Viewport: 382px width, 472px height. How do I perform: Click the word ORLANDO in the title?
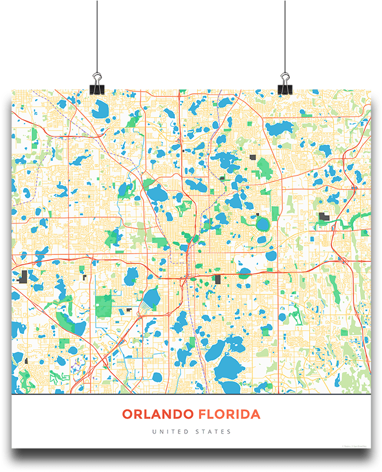[158, 414]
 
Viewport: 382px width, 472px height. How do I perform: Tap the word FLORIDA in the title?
[229, 414]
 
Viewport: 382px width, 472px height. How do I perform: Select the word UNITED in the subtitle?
[169, 431]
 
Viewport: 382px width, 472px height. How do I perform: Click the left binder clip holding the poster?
[96, 83]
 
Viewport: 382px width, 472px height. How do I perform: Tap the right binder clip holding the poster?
[284, 83]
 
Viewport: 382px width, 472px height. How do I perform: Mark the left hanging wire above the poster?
[96, 34]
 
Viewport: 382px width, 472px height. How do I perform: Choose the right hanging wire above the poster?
[284, 34]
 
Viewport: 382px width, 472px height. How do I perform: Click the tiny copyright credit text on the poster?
[356, 446]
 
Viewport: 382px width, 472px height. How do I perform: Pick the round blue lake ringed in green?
[263, 223]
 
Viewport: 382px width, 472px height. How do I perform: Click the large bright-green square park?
[104, 305]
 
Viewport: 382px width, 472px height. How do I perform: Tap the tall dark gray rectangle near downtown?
[217, 280]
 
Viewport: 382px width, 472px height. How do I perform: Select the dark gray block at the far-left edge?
[24, 277]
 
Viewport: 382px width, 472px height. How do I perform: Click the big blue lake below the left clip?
[100, 107]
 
